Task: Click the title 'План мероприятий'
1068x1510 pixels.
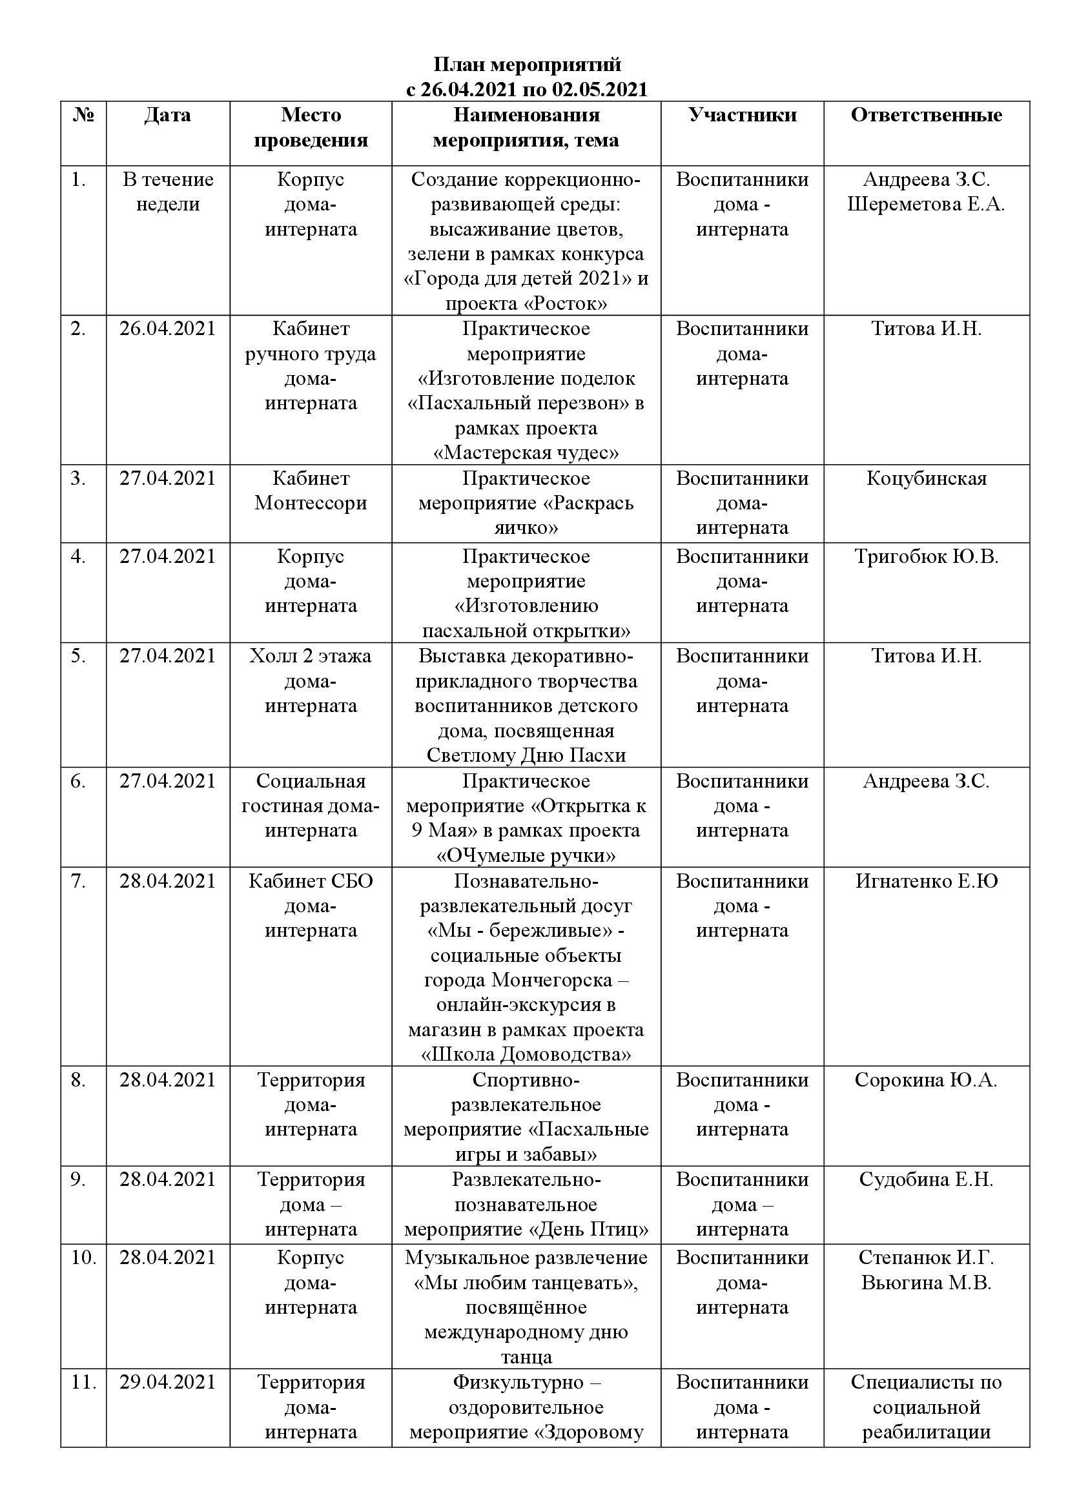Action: tap(527, 65)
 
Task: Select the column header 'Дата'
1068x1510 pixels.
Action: tap(168, 116)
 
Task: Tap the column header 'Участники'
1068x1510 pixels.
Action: tap(743, 116)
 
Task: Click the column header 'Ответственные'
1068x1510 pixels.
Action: tap(926, 116)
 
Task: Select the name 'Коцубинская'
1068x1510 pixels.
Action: tap(926, 479)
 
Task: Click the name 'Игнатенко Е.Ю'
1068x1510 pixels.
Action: tap(926, 881)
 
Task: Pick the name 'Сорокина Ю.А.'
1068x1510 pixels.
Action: tap(926, 1080)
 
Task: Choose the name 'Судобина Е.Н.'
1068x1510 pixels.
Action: tap(926, 1179)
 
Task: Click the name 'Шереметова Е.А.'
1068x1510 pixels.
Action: tap(926, 205)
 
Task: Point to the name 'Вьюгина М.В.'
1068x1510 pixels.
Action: tap(926, 1283)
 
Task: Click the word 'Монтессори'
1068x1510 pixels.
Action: tap(311, 504)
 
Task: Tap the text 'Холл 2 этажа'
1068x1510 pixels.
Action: tap(311, 657)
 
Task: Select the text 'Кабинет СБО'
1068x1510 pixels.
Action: tap(311, 881)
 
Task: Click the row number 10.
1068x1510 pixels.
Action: tap(83, 1258)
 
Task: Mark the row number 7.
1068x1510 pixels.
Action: tap(78, 881)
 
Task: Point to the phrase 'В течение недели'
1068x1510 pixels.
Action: tap(168, 192)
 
